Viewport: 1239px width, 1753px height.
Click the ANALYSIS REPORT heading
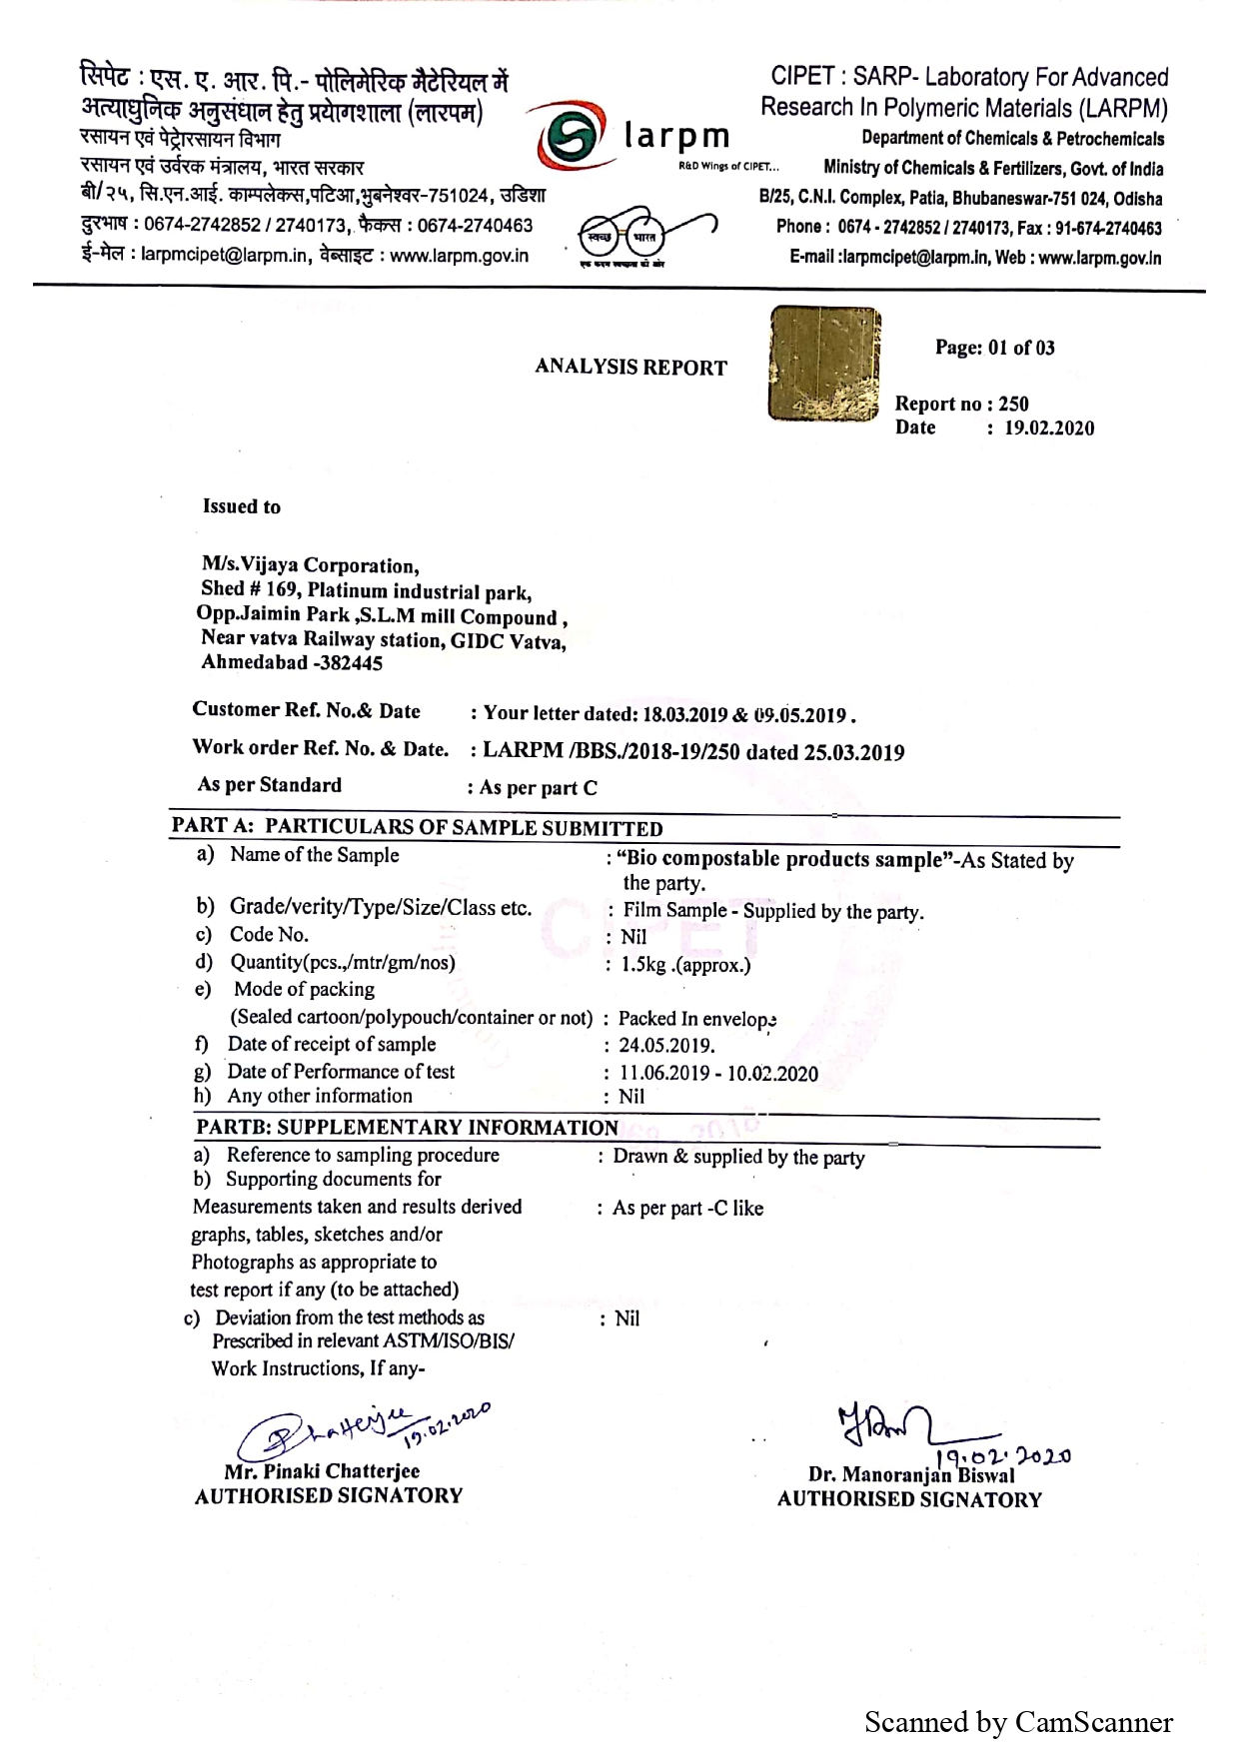[630, 368]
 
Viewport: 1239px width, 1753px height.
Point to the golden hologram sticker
[825, 364]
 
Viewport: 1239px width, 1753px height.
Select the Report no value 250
[1013, 404]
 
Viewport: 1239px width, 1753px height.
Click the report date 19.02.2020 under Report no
[1049, 429]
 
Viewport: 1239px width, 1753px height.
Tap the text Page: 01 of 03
[994, 348]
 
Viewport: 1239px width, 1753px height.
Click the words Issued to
[242, 506]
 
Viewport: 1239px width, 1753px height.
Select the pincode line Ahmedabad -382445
[292, 662]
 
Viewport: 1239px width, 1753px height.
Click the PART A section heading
[418, 828]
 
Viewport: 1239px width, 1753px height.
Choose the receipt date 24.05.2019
[666, 1046]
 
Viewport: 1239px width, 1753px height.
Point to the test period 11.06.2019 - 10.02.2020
[718, 1074]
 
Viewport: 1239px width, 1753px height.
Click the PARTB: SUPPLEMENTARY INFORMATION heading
[408, 1128]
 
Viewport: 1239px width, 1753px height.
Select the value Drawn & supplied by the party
[738, 1157]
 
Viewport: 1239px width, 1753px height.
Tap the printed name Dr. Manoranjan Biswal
[911, 1475]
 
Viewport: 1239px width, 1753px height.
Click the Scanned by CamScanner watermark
[1018, 1722]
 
